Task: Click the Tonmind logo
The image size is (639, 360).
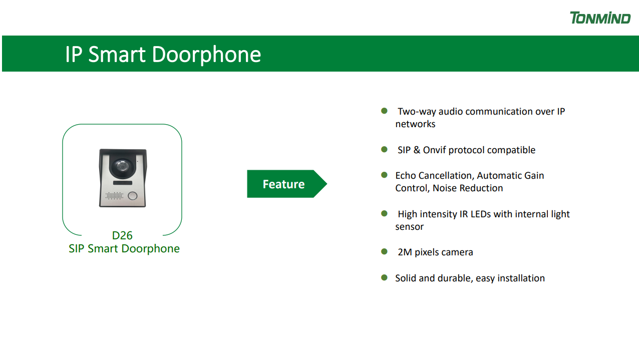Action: click(600, 18)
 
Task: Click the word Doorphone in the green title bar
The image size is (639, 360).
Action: click(206, 55)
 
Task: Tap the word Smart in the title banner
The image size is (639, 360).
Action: click(117, 54)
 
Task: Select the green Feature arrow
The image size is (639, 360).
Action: click(287, 184)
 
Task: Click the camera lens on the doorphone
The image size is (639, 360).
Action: click(122, 166)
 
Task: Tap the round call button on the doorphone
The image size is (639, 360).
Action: click(132, 196)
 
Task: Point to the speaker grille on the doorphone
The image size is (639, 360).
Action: click(114, 196)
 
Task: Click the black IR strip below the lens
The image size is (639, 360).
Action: click(123, 183)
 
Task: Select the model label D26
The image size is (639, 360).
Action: click(122, 236)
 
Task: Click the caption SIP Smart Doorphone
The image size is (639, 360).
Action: click(124, 249)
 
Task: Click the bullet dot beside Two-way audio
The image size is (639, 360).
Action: click(384, 111)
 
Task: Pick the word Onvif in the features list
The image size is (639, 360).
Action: click(434, 150)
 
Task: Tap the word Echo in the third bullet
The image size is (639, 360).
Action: click(405, 176)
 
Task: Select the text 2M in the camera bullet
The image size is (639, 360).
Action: click(405, 252)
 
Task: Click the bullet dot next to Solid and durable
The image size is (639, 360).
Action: click(384, 277)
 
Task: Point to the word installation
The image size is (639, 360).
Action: click(521, 278)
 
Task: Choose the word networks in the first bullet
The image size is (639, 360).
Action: click(415, 124)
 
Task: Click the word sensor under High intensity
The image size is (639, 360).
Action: click(409, 227)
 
